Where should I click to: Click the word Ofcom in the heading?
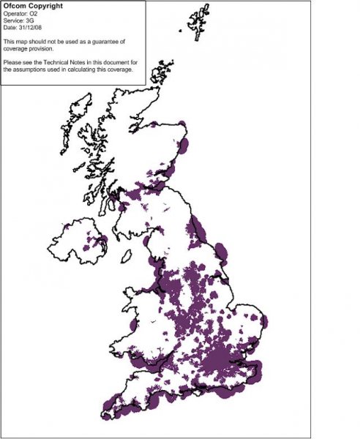[15, 6]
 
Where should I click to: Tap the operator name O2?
[36, 14]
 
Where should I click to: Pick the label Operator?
[16, 14]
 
